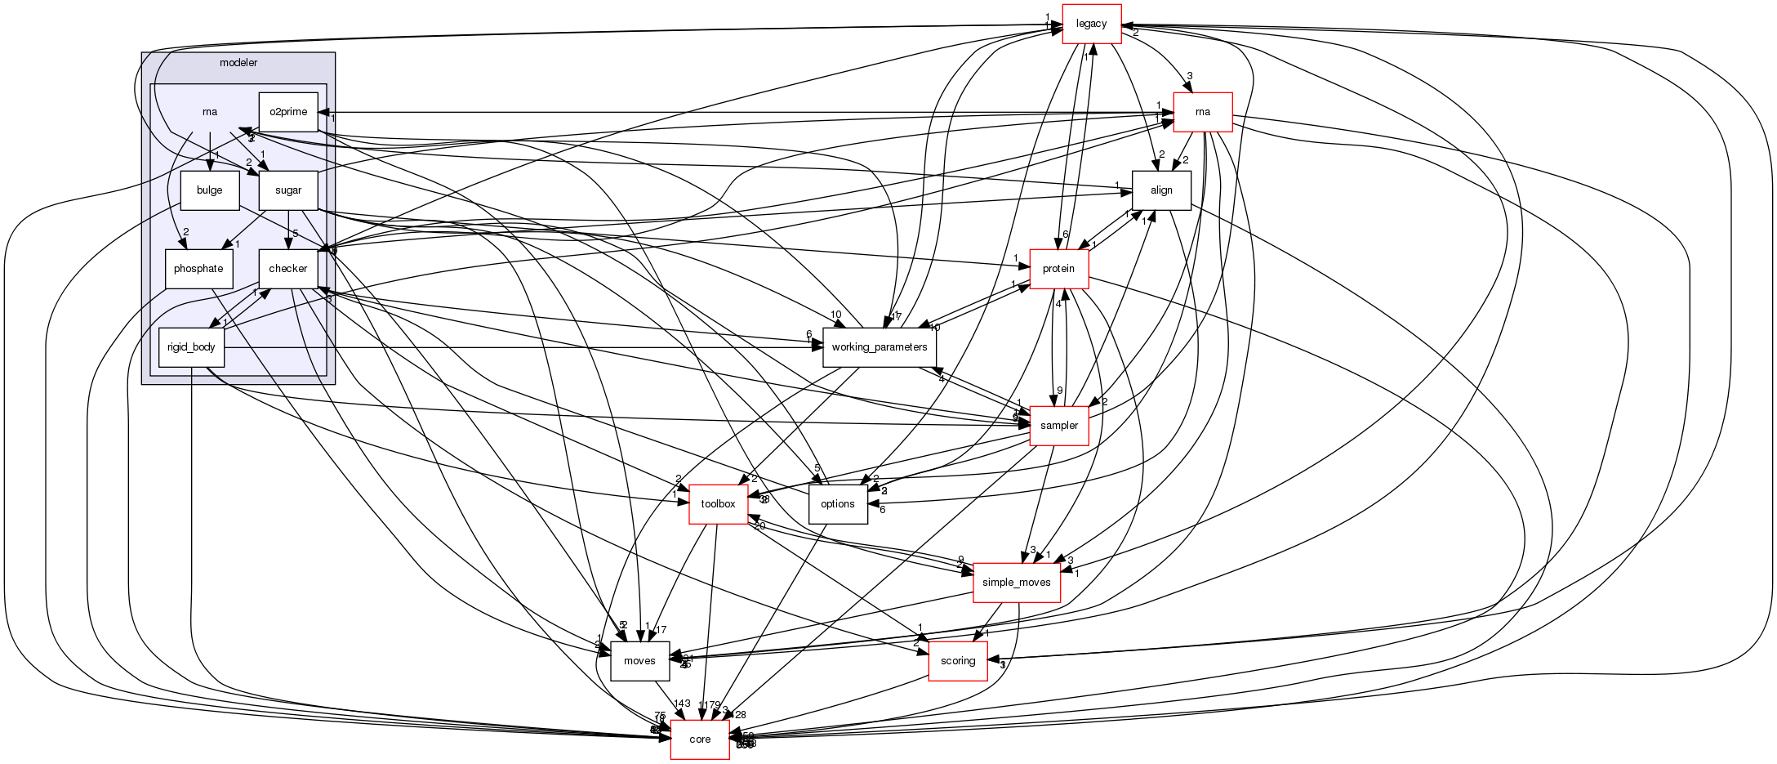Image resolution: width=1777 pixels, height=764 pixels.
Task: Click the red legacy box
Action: pos(1091,24)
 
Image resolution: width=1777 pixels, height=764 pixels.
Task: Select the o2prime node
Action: pos(288,112)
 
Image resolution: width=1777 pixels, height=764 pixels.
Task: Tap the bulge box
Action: pos(210,190)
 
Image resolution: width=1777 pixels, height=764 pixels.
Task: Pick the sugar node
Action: pos(288,190)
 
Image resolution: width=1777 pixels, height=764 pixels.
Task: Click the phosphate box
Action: pos(198,269)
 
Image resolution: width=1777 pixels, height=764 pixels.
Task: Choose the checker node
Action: pos(288,269)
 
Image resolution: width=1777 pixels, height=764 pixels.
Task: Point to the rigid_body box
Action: pos(191,347)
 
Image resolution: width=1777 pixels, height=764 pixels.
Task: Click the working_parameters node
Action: pos(879,347)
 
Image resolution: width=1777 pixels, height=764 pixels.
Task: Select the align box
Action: pos(1161,190)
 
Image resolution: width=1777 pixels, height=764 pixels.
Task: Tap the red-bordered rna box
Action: pos(1202,112)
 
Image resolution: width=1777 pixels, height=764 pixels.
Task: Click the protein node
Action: pos(1059,269)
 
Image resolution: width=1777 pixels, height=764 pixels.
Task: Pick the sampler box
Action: pos(1059,426)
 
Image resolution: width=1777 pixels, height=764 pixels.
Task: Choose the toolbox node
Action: pos(719,504)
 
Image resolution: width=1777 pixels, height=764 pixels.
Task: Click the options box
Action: pos(838,504)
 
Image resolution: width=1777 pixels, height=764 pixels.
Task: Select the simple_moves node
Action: pos(1017,583)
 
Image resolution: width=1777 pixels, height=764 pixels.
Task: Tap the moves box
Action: pos(639,661)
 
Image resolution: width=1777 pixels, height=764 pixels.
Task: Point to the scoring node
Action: pos(958,661)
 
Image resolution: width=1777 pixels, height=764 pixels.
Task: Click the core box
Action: pos(700,739)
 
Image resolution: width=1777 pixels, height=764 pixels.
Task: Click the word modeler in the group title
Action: pos(238,63)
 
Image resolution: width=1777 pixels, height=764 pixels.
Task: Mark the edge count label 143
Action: pos(682,704)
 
